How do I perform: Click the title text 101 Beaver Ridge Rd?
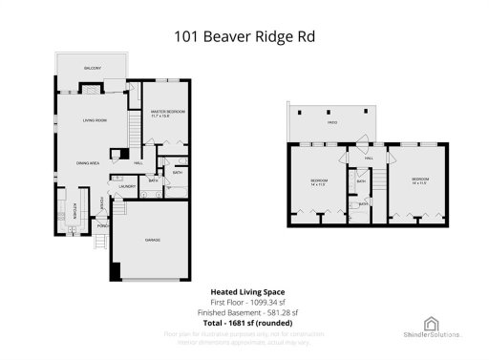click(x=244, y=36)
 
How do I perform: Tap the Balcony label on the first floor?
click(x=93, y=69)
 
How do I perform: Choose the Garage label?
click(x=151, y=239)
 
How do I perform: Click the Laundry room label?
click(x=127, y=187)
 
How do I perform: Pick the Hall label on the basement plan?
click(x=369, y=159)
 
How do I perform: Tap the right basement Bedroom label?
click(x=420, y=180)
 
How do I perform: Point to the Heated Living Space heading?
click(x=244, y=292)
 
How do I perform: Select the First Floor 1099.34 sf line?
click(x=244, y=303)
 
